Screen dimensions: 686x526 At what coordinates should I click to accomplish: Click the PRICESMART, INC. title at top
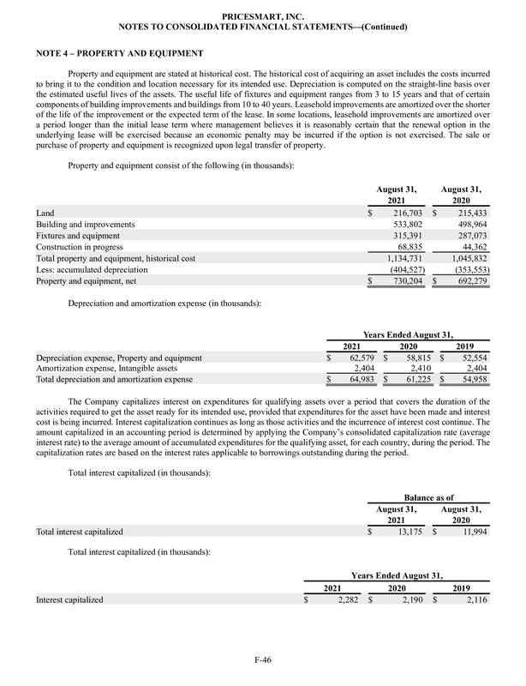(x=262, y=15)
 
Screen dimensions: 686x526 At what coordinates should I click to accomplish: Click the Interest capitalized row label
(x=69, y=599)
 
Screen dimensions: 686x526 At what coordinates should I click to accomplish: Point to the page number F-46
(x=262, y=659)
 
